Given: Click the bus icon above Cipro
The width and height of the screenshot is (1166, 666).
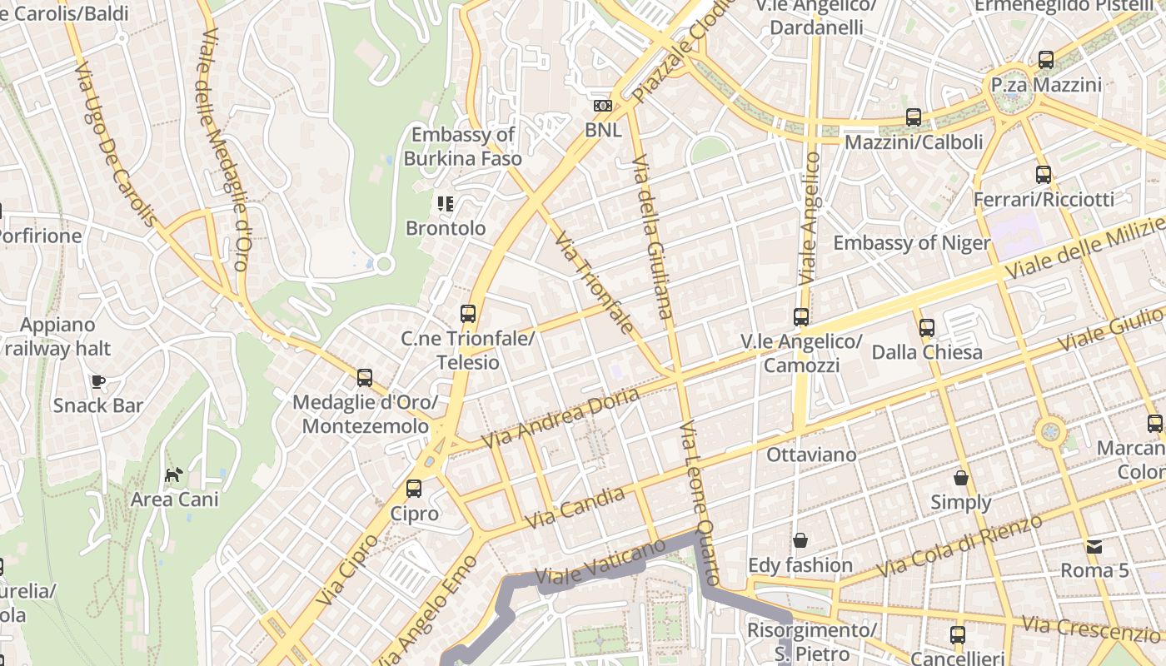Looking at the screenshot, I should point(414,489).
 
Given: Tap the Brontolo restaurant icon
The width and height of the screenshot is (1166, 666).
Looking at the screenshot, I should point(446,203).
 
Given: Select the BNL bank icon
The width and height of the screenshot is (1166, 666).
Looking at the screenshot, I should point(603,106).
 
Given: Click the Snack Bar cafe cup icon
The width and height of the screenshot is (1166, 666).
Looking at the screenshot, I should point(98,381).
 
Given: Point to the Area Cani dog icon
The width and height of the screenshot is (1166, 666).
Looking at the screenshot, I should point(173,475).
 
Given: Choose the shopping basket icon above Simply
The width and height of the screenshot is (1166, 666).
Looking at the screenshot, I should point(961,478).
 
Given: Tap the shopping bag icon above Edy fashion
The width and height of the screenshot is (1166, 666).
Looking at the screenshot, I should point(800,540).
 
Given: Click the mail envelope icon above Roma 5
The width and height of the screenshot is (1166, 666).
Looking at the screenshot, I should point(1094,547).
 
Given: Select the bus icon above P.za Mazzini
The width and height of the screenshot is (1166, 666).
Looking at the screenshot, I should point(1046,60).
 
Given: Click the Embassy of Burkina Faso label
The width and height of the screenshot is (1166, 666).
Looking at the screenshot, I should point(463,147).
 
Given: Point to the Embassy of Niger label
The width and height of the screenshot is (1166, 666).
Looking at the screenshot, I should point(912,243).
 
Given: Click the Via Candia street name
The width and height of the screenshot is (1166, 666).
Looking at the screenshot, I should point(576,508).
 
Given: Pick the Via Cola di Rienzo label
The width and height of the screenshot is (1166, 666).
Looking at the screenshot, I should point(959,546).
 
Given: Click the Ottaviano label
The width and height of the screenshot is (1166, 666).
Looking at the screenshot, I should point(811,455).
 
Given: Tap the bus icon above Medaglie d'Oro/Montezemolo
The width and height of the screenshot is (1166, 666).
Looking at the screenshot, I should point(365,378).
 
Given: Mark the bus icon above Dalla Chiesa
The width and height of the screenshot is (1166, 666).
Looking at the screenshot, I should point(927,328).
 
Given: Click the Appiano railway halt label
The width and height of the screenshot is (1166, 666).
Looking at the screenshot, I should point(57,336).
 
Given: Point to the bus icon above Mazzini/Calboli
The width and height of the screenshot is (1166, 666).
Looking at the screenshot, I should point(914,117).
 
